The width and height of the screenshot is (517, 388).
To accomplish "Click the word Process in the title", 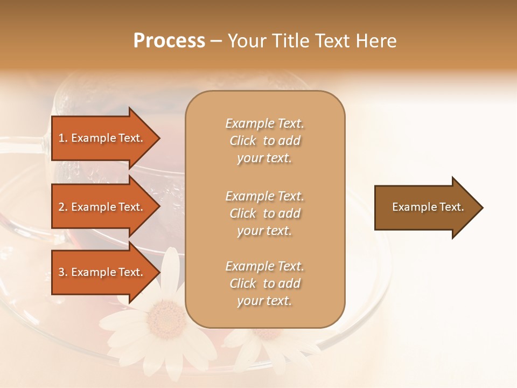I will point(169,41).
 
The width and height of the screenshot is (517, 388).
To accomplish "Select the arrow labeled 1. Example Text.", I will point(102,138).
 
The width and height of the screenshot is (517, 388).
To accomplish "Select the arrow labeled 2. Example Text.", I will point(102,207).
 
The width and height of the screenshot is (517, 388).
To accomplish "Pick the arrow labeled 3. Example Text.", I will point(102,272).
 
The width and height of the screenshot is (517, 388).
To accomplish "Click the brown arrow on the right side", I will point(425,207).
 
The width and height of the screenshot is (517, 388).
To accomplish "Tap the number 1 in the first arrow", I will point(61,138).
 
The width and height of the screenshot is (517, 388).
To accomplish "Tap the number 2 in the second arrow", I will point(61,207).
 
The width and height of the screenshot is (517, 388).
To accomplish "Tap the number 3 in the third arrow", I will point(61,272).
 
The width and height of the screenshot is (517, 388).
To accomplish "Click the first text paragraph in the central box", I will point(264,141).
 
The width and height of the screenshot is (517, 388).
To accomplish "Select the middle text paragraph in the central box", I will point(264,213).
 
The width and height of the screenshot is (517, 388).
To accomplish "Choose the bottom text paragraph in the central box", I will point(264,283).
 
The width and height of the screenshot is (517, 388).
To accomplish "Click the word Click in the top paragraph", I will point(243,141).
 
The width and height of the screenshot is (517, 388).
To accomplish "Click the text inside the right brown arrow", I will point(428,207).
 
